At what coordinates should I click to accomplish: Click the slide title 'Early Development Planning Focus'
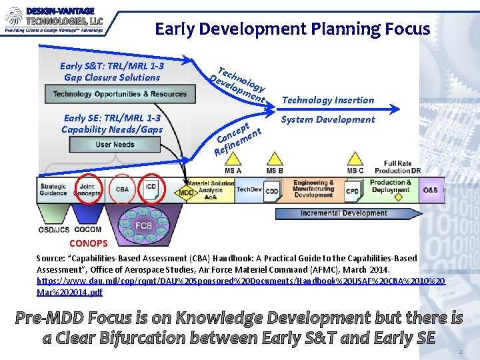click(x=292, y=29)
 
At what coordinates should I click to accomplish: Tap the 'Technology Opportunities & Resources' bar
click(x=110, y=95)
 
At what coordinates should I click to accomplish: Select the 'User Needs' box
click(x=115, y=145)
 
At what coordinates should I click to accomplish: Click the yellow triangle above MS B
click(x=274, y=159)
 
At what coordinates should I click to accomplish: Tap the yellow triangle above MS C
click(x=355, y=159)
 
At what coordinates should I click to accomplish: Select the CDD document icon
click(x=272, y=191)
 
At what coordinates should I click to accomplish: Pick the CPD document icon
click(x=351, y=191)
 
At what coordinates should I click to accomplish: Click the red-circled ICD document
click(x=151, y=189)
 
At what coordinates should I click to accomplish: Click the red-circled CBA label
click(x=122, y=190)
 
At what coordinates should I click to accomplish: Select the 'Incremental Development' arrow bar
click(x=344, y=213)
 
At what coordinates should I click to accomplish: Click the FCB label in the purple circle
click(x=143, y=225)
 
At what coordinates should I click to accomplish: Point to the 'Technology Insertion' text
click(x=327, y=100)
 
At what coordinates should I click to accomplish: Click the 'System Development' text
click(x=327, y=119)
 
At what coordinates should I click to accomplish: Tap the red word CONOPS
click(x=88, y=243)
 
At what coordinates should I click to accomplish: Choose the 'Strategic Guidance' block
click(x=53, y=190)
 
